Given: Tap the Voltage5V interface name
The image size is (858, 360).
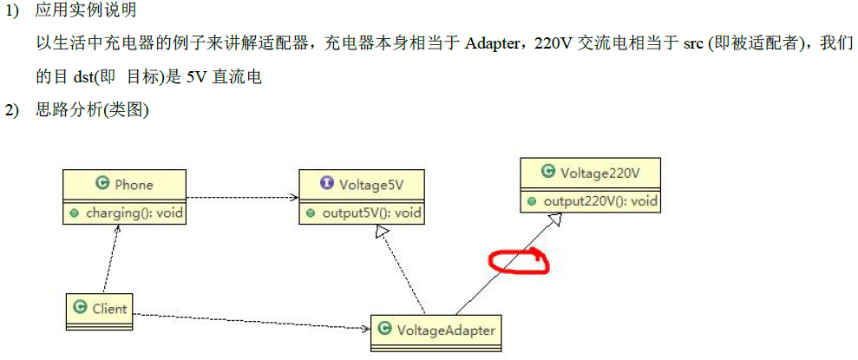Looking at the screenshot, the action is pos(370,184).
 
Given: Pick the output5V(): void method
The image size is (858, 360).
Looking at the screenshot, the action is pos(370,213).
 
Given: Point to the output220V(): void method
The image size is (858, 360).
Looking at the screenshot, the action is pos(599,201).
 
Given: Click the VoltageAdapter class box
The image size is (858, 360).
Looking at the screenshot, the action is pos(437,330).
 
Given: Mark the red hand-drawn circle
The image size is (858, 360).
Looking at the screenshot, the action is pos(518,259).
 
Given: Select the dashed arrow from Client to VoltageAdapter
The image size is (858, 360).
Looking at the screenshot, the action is pos(252,321).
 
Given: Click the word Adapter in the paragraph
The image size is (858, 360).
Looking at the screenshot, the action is pos(491,44).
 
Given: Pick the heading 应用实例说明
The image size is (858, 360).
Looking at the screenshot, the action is pos(86,11).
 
